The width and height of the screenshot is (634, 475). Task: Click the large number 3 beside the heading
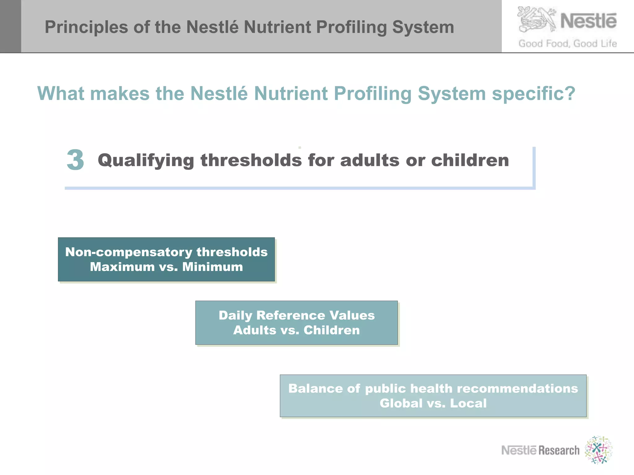75,160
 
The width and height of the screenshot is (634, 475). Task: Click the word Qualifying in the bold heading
146,161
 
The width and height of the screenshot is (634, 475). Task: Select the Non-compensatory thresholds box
166,259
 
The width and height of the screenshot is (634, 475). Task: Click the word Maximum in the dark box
122,267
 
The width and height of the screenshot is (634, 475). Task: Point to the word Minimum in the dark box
212,267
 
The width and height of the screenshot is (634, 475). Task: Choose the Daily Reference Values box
296,323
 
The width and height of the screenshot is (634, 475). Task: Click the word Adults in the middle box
254,330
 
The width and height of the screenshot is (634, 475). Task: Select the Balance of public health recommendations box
433,396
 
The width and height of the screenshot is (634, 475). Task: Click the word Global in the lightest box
401,403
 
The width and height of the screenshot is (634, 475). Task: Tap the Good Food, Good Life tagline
567,44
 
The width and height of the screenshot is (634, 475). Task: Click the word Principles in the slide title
86,27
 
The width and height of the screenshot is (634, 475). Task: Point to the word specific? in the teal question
533,93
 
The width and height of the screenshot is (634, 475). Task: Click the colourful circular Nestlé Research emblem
598,450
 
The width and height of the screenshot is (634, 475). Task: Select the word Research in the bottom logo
559,451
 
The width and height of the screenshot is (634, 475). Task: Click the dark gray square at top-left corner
10,26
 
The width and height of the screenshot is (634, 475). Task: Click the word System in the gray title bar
423,27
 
